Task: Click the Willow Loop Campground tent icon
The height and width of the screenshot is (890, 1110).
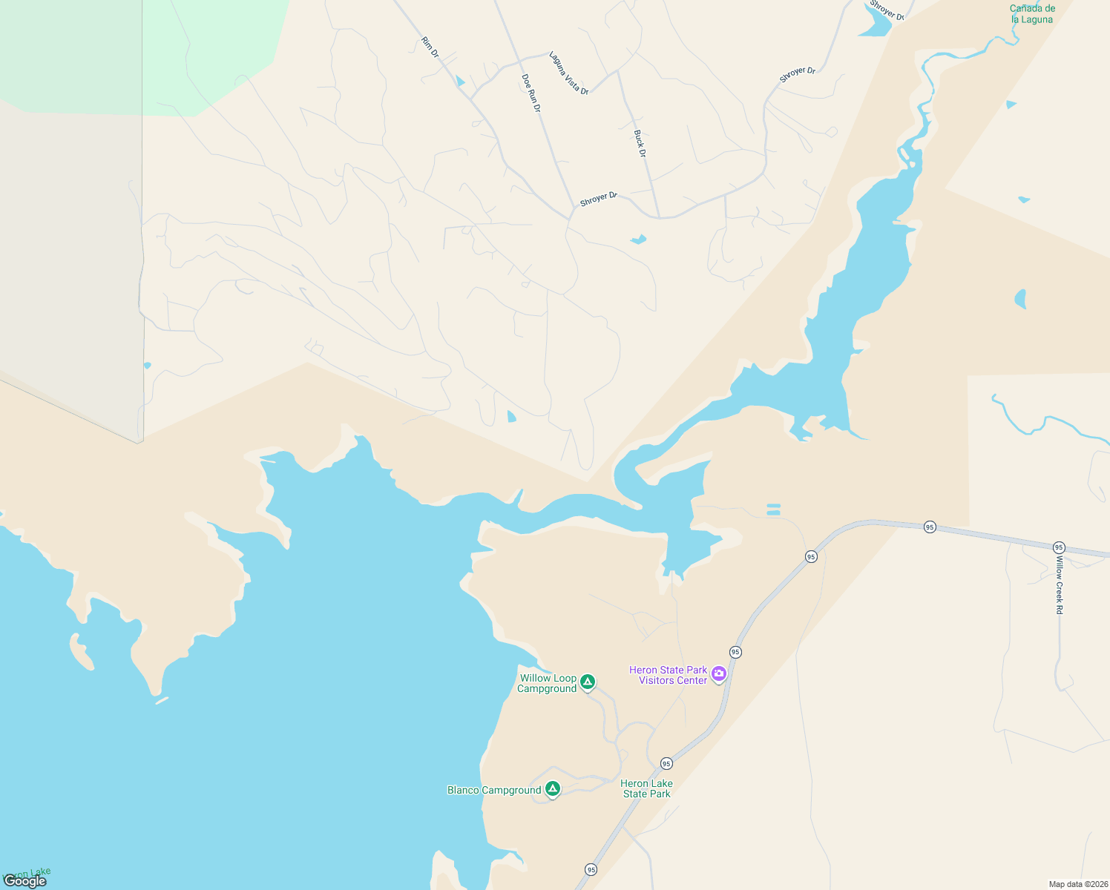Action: pyautogui.click(x=588, y=681)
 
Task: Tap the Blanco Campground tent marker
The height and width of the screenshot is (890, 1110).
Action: pyautogui.click(x=553, y=788)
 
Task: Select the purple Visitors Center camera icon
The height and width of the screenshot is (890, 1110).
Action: pyautogui.click(x=718, y=673)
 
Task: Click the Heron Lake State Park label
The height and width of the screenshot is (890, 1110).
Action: pyautogui.click(x=646, y=788)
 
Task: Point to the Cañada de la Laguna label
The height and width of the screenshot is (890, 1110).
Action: pyautogui.click(x=1032, y=14)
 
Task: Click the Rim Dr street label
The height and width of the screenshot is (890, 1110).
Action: pyautogui.click(x=430, y=47)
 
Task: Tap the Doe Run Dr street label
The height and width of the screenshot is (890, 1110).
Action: pyautogui.click(x=531, y=93)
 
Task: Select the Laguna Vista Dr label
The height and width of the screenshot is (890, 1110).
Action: pyautogui.click(x=568, y=73)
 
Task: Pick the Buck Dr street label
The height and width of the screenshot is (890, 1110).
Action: pyautogui.click(x=640, y=143)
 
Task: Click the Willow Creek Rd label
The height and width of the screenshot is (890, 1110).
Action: pyautogui.click(x=1060, y=586)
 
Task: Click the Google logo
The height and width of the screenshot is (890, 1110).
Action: pyautogui.click(x=25, y=880)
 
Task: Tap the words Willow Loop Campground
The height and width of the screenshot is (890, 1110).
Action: pyautogui.click(x=548, y=683)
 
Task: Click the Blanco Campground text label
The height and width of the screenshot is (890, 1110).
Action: pyautogui.click(x=494, y=790)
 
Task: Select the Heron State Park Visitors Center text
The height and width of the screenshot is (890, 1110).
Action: pyautogui.click(x=669, y=675)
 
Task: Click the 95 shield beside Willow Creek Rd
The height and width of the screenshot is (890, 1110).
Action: pyautogui.click(x=1059, y=547)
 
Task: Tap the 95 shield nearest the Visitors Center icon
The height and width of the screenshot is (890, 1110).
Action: pyautogui.click(x=735, y=652)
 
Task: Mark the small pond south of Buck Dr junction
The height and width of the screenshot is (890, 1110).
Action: pyautogui.click(x=638, y=239)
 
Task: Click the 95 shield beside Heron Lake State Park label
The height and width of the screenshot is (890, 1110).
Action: pyautogui.click(x=666, y=763)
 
